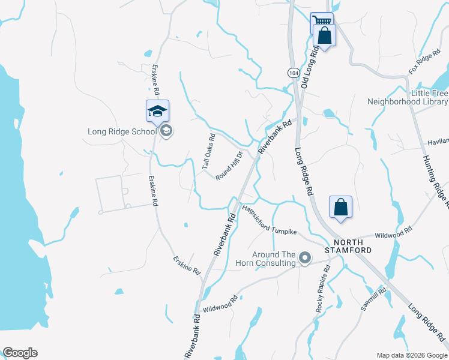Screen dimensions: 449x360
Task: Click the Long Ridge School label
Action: tap(122, 131)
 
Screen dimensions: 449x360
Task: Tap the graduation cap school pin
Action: tap(157, 111)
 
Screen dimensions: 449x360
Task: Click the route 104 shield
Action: tap(293, 72)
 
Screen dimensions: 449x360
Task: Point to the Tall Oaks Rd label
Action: tap(208, 152)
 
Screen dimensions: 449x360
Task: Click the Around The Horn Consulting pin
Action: tap(305, 259)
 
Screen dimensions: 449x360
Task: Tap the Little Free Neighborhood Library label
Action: tap(408, 98)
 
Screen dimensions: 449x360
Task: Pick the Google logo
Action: tap(20, 353)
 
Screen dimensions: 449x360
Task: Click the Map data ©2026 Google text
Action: tap(411, 355)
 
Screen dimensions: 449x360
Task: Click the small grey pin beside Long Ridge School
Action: tap(166, 131)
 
